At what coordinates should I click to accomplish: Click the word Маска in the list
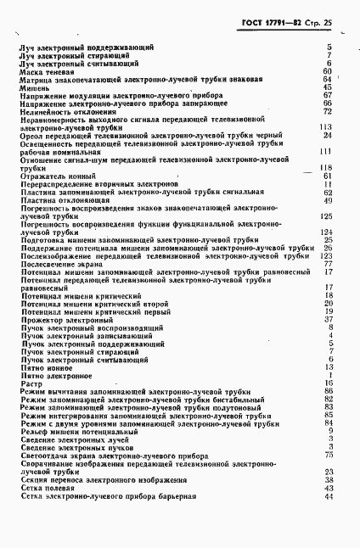31,71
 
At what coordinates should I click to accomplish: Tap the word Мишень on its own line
33,87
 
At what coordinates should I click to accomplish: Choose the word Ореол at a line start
31,135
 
